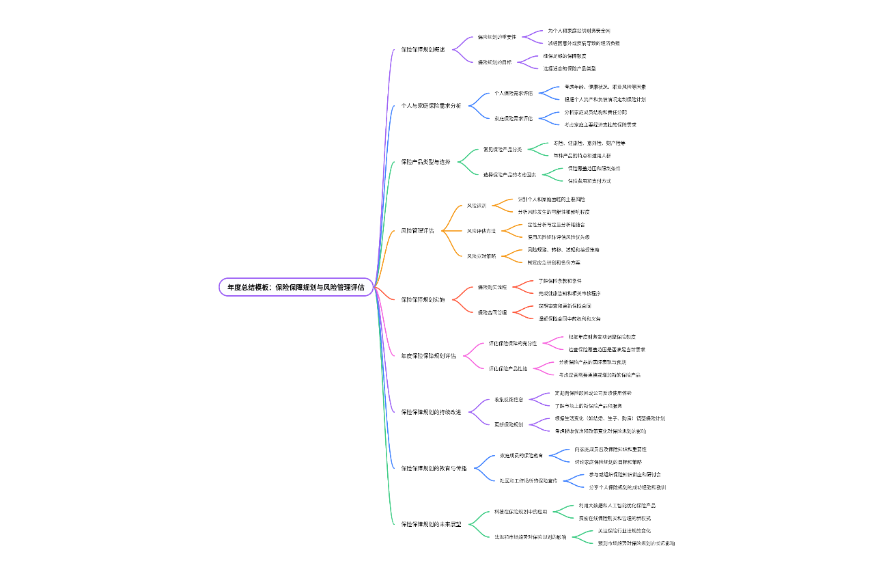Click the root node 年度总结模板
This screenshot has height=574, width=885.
(296, 288)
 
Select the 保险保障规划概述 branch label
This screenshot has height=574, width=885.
(423, 50)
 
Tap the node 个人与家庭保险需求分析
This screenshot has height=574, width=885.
(431, 106)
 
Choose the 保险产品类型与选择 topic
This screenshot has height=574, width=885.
(425, 162)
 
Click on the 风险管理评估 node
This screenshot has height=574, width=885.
(417, 231)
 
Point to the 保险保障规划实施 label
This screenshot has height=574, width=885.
(423, 299)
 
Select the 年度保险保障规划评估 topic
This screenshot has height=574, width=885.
(428, 356)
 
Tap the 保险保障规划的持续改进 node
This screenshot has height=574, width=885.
(431, 412)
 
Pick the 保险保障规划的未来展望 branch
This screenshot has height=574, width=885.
(431, 524)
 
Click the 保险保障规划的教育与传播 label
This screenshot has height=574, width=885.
(434, 468)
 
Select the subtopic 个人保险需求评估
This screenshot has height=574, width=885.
(514, 93)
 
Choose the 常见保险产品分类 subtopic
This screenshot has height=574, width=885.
(503, 149)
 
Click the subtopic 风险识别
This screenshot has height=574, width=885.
(477, 206)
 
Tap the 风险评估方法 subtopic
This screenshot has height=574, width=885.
(481, 231)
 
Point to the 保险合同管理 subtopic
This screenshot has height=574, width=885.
(492, 312)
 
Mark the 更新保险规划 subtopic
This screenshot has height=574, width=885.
(509, 424)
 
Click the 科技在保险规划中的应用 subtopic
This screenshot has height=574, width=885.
(521, 511)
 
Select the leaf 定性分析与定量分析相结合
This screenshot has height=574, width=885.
(556, 224)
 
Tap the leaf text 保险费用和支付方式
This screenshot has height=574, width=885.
(589, 181)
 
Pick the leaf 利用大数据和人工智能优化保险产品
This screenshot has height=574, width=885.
(617, 505)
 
